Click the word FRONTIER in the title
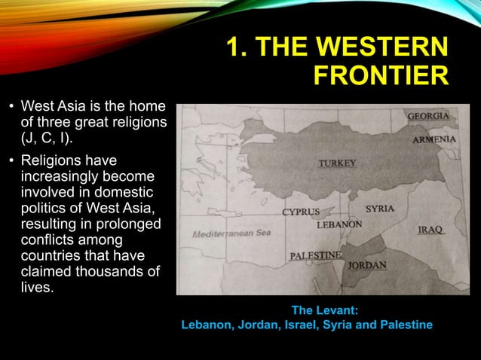(380, 75)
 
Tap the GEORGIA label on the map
(428, 117)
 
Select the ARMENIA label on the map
(434, 140)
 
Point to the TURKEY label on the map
(337, 163)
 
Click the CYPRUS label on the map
(301, 212)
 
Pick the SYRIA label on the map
(381, 208)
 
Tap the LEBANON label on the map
(339, 224)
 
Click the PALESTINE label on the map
(317, 256)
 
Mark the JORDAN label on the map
(367, 265)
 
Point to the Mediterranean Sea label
(231, 233)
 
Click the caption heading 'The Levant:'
(324, 310)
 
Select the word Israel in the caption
(313, 325)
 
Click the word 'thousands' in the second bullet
(110, 271)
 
